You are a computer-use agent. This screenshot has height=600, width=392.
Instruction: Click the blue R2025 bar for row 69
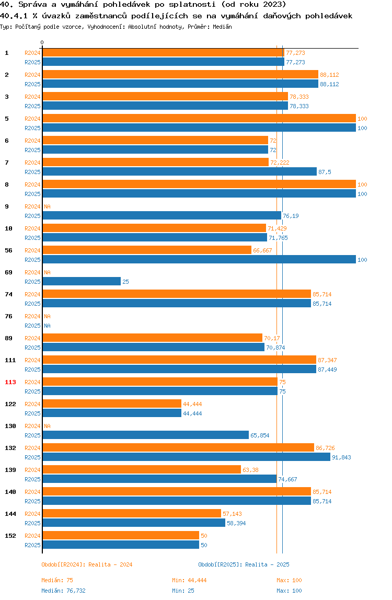[x=81, y=282]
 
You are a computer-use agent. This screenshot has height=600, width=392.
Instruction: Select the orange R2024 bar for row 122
[x=112, y=404]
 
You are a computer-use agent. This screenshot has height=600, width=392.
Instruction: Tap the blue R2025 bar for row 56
[x=199, y=260]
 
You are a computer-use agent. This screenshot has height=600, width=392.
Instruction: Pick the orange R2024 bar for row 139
[x=142, y=470]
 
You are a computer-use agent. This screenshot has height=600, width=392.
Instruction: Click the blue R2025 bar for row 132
[x=186, y=457]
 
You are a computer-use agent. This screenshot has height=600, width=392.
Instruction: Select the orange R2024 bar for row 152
[x=121, y=536]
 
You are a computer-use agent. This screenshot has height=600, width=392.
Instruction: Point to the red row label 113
[x=10, y=383]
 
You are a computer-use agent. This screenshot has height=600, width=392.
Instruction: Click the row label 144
[x=10, y=514]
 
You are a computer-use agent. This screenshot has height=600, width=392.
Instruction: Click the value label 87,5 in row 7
[x=325, y=172]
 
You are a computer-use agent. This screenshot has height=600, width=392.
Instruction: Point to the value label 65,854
[x=260, y=435]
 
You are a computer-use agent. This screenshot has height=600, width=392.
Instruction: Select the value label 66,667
[x=262, y=250]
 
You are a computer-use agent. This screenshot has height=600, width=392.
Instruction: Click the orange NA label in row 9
[x=47, y=206]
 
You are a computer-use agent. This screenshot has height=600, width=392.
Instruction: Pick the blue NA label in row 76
[x=47, y=326]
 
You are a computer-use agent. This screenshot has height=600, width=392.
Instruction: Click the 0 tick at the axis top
[x=42, y=42]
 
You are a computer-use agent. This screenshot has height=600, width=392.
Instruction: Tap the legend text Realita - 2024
[x=110, y=564]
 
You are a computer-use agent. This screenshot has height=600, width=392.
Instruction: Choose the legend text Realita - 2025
[x=268, y=564]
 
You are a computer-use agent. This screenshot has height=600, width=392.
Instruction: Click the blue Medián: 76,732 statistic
[x=63, y=591]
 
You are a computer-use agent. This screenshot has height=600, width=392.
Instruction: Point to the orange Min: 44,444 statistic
[x=189, y=580]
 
